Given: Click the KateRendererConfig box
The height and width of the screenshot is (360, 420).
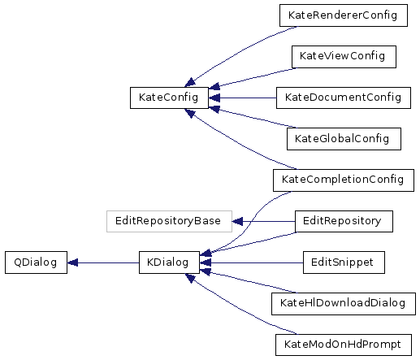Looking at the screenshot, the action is click(x=344, y=15).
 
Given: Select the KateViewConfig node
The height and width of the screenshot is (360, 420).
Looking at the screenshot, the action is click(x=344, y=57).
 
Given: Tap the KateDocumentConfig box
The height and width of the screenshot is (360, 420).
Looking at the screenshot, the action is click(x=344, y=98).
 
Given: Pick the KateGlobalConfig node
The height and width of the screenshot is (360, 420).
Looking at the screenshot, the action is click(x=344, y=139).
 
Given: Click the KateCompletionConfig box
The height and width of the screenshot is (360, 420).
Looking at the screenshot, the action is click(x=344, y=180).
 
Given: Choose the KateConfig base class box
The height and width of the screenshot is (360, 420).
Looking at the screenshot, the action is click(x=169, y=98).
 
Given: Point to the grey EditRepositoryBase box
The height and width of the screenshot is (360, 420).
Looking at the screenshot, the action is click(x=169, y=221).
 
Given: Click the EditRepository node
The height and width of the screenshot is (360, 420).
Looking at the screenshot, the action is click(x=344, y=221).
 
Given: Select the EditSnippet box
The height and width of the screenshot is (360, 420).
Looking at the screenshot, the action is click(x=344, y=262).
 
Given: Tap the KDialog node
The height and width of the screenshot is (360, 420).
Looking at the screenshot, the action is click(x=169, y=262).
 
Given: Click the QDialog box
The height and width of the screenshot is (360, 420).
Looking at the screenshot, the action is click(x=36, y=262).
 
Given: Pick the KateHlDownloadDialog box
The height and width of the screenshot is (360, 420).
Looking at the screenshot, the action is click(x=344, y=304).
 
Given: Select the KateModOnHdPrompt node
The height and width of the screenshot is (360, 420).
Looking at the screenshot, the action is click(x=344, y=345).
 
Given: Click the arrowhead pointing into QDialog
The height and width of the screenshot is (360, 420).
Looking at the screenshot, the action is click(x=72, y=262).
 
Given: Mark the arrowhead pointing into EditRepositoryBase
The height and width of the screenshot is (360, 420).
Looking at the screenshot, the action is click(x=237, y=221).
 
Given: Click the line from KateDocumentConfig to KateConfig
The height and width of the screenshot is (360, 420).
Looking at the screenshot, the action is click(x=248, y=98).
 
